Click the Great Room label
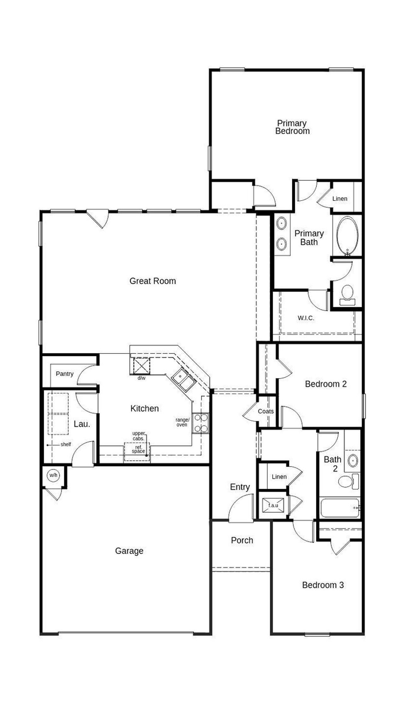tap(153, 281)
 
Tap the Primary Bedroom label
tap(292, 127)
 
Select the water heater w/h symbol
tap(53, 475)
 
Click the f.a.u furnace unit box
tap(273, 505)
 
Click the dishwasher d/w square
tap(141, 366)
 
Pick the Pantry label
tap(65, 374)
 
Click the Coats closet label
tap(266, 411)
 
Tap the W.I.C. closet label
tap(306, 318)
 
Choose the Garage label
tap(129, 551)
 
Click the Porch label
tap(242, 540)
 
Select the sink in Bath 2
tap(353, 461)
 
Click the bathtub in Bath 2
tap(340, 507)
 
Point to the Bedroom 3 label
tap(323, 585)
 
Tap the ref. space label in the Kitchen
tap(138, 449)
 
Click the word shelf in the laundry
tap(66, 444)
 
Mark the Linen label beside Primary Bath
tap(340, 199)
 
